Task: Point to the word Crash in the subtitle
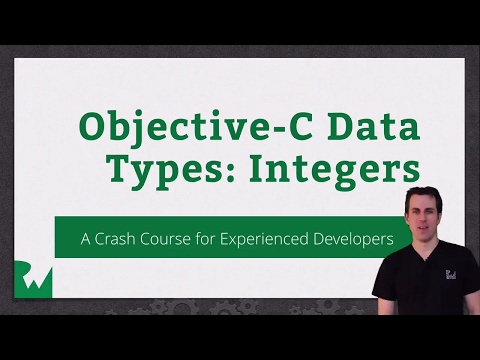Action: [x=118, y=240]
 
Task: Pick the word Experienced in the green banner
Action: [x=267, y=240]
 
